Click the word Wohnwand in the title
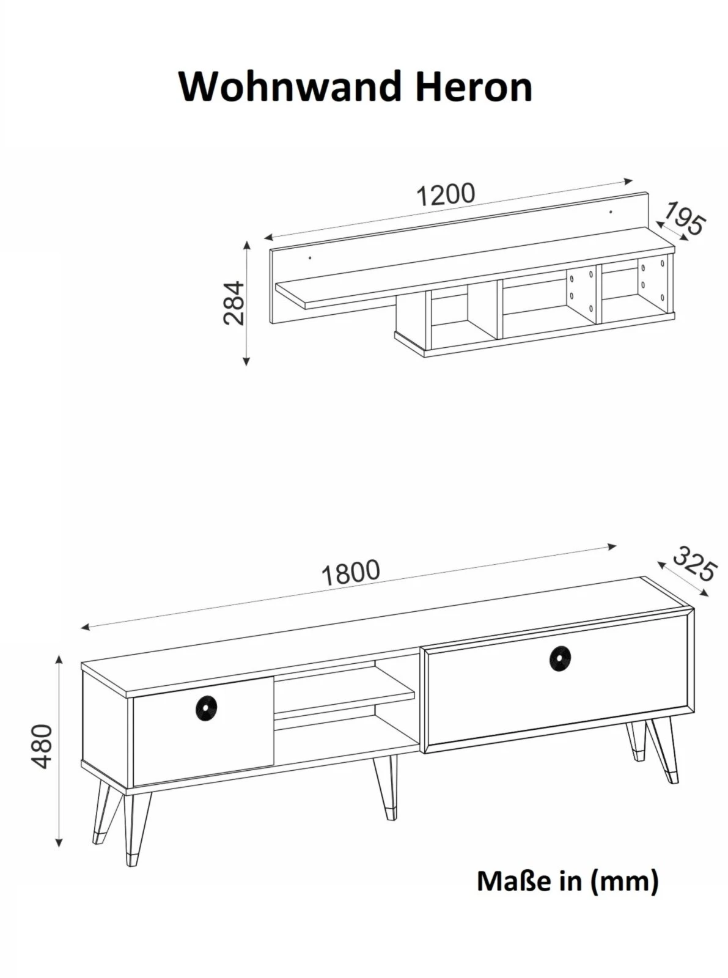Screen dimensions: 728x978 [290, 86]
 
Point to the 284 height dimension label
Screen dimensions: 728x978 [233, 303]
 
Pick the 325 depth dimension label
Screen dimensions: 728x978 [693, 564]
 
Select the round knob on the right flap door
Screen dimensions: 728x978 [561, 660]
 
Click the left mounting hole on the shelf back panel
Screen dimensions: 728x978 [310, 257]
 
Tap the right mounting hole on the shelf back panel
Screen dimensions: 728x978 [611, 213]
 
